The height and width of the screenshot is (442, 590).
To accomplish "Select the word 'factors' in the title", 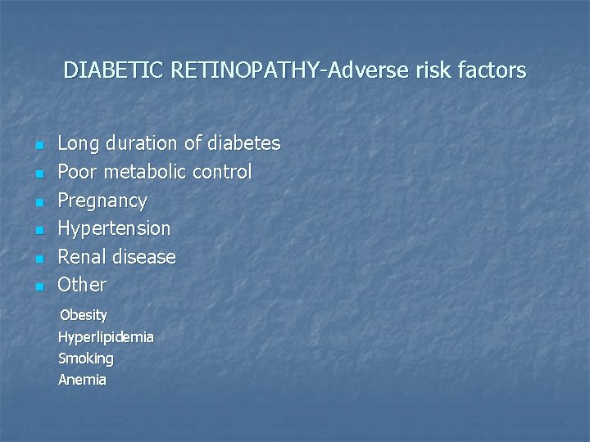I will point(493,70).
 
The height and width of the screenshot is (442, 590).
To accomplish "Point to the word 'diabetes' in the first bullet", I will point(243,143).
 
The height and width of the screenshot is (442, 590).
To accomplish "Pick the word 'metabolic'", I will point(144,172).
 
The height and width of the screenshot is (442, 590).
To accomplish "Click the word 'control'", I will point(222,172).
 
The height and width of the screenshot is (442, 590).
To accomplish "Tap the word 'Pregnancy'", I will point(102,201).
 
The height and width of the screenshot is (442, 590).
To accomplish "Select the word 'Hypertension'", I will point(114,228).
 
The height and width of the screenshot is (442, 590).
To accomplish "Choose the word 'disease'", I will point(144,257).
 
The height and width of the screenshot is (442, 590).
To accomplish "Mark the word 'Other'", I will point(82,285).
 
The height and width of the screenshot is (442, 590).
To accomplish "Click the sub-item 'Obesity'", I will point(84,314).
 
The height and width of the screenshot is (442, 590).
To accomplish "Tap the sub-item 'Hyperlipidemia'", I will point(106,336).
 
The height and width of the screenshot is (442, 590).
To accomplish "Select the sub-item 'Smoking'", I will point(86,359).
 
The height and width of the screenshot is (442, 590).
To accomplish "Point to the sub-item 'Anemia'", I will point(82,380).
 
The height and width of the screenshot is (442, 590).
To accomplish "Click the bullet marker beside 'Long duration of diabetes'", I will point(39,147).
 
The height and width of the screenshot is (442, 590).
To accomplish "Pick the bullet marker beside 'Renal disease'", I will point(39,259).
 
